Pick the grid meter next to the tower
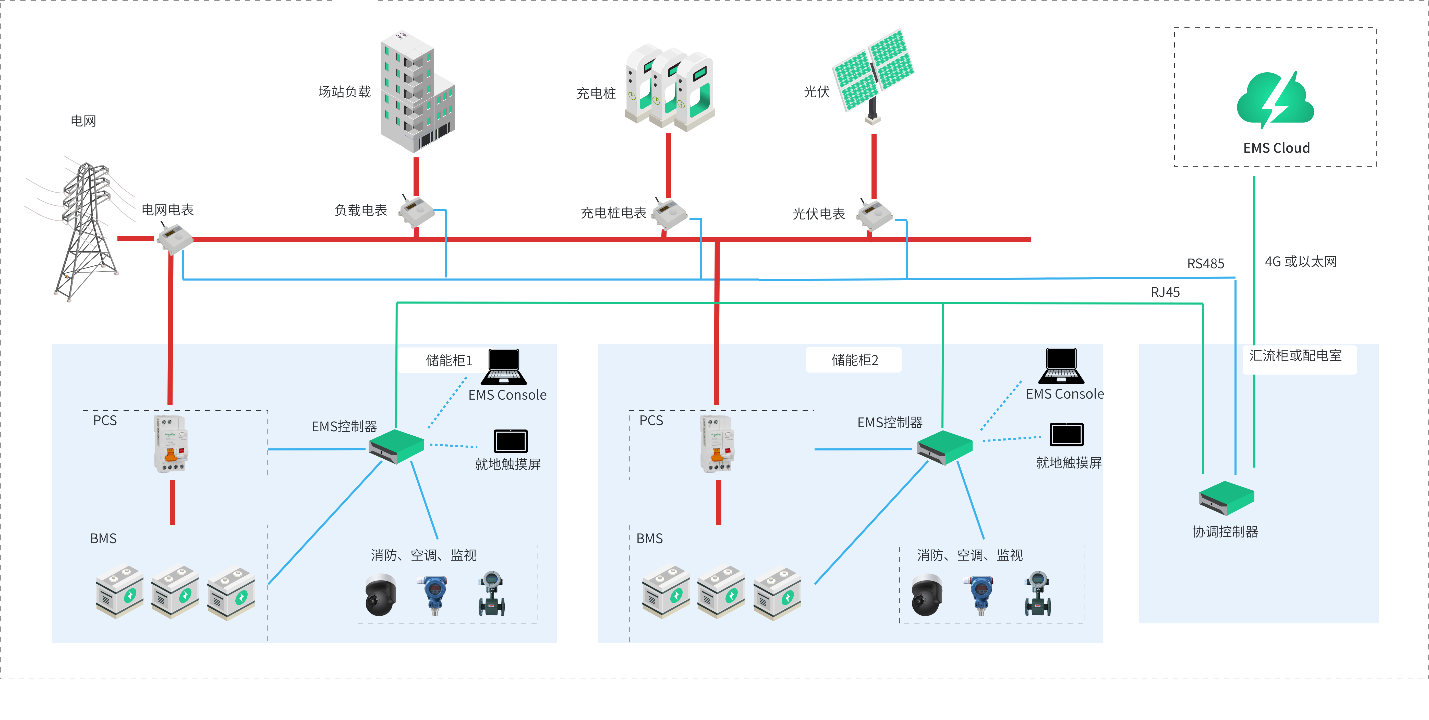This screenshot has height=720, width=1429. click(174, 238)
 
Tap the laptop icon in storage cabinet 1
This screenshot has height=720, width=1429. click(504, 366)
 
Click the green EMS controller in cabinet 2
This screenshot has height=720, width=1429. click(944, 447)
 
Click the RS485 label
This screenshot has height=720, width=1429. click(1205, 263)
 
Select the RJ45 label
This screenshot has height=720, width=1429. click(1165, 292)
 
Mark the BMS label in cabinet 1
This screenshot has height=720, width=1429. click(103, 539)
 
